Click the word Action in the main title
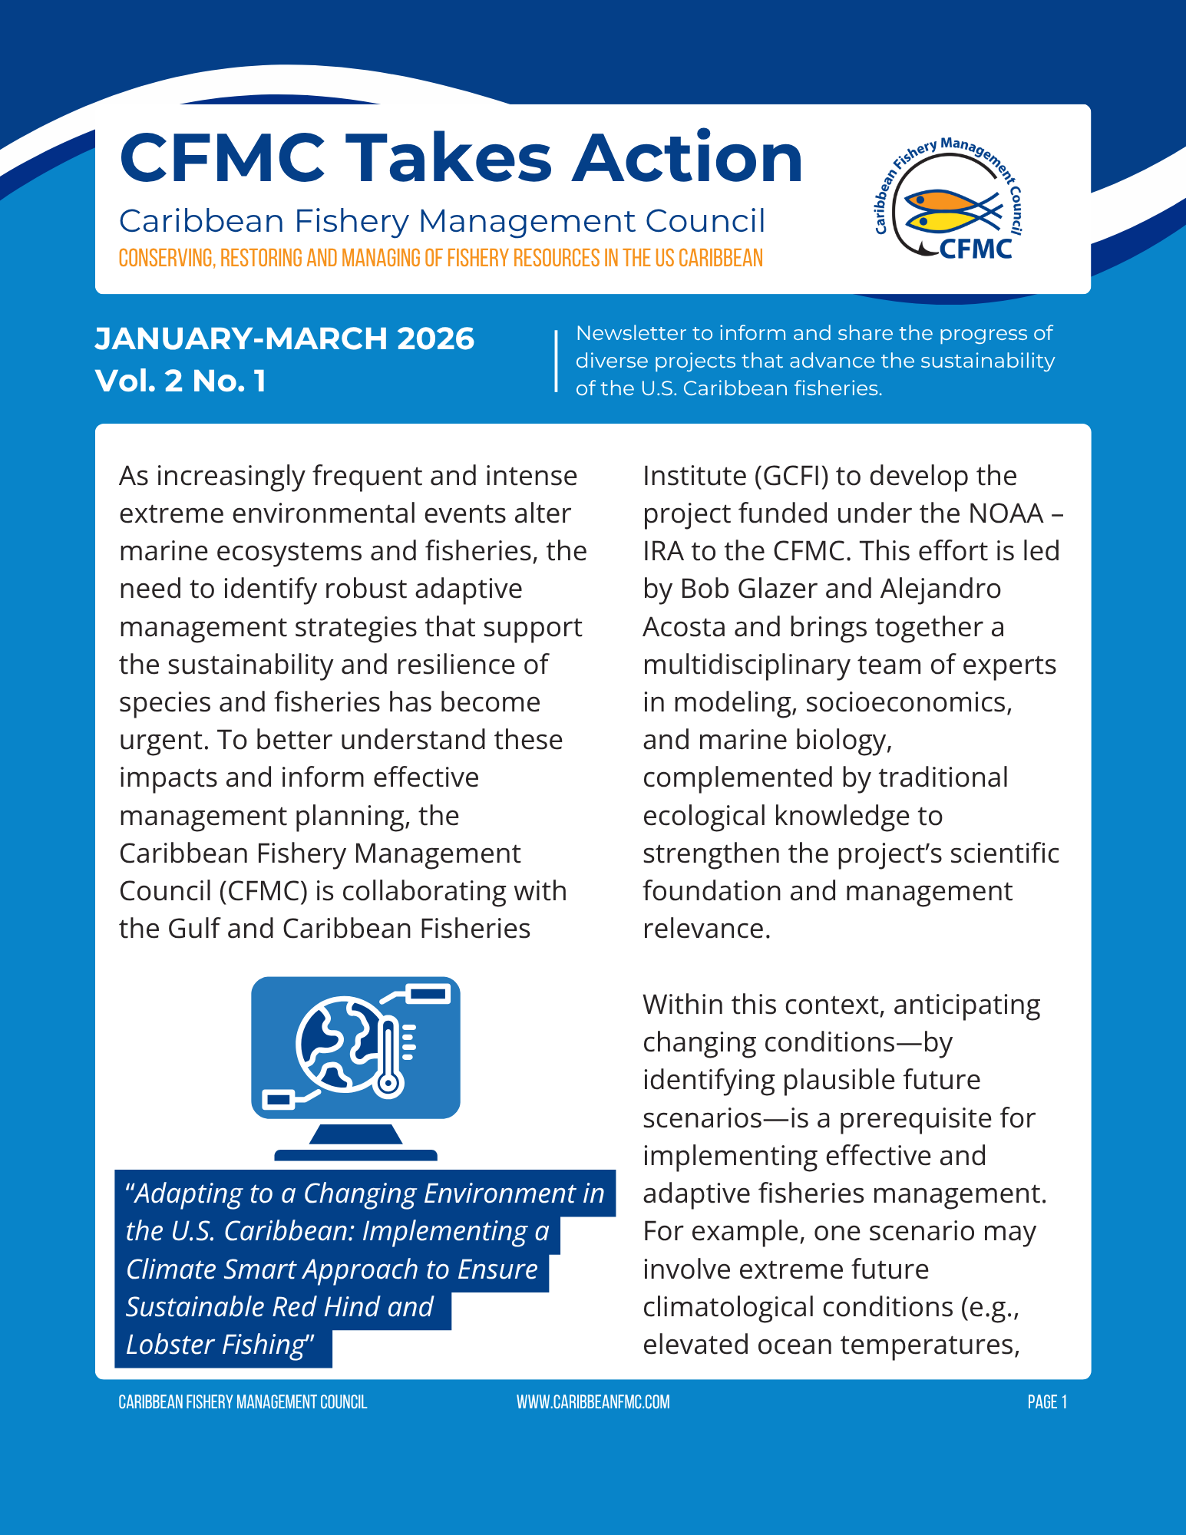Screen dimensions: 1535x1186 coord(688,158)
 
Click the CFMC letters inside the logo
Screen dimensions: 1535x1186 coord(976,249)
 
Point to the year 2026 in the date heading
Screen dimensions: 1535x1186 coord(435,338)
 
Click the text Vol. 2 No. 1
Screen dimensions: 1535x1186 coord(180,381)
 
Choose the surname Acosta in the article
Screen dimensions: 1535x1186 coord(684,627)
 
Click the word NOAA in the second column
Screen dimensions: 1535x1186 coord(1006,513)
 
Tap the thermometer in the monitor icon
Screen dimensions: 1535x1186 coord(388,1055)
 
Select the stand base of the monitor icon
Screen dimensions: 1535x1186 coord(355,1154)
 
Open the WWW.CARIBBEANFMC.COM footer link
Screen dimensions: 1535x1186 coord(593,1402)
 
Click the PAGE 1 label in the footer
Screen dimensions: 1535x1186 coord(1047,1402)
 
